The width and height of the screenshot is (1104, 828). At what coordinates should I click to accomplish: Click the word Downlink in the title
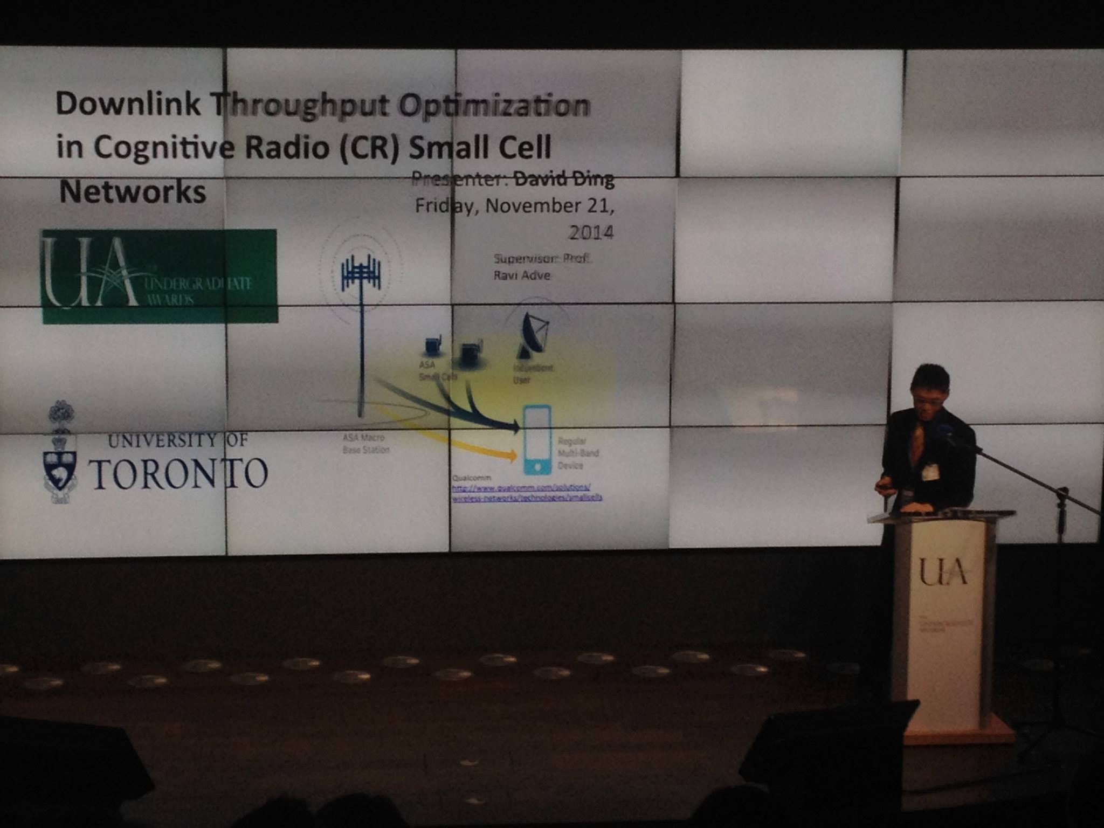128,104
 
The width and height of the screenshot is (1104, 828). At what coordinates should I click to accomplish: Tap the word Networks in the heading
133,192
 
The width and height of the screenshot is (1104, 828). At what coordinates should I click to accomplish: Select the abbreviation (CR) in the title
370,148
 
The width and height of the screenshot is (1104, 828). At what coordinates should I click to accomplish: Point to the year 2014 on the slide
591,233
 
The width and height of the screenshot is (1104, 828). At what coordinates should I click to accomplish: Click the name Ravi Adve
522,275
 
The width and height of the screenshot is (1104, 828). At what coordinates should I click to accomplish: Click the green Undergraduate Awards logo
160,276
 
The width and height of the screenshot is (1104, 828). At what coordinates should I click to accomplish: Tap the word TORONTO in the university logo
178,474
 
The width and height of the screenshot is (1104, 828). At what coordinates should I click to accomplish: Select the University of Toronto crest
60,453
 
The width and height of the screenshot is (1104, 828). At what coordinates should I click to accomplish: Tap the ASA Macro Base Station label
365,444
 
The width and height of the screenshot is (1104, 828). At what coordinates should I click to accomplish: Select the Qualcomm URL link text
526,493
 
